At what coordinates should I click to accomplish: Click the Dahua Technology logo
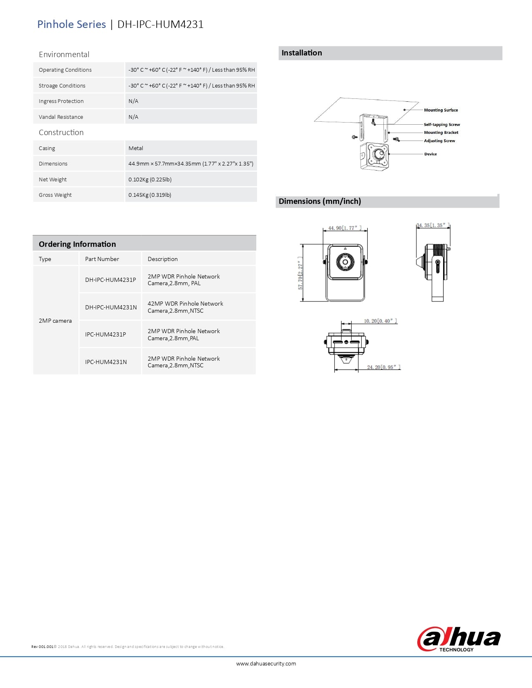point(459,639)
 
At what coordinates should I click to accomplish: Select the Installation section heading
point(302,53)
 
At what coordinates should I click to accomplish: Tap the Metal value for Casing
point(136,148)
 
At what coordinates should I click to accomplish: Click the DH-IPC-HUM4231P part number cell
point(111,280)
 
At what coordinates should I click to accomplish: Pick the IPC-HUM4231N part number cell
point(106,362)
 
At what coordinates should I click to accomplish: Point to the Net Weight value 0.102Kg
point(150,179)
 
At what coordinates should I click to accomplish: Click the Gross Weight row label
point(55,195)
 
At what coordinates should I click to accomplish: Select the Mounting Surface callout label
point(441,110)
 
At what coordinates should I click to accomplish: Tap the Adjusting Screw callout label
point(439,141)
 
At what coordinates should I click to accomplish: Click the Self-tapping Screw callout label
point(441,125)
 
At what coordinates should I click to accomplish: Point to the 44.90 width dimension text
point(345,228)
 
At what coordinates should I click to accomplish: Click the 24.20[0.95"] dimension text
point(383,367)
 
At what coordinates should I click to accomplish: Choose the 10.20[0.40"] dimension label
point(380,321)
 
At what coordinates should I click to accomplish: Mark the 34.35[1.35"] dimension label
point(433,225)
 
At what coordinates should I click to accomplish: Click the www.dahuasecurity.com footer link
point(266,663)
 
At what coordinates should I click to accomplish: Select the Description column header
point(163,259)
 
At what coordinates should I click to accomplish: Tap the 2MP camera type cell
point(55,321)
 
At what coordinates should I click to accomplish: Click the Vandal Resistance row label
point(61,117)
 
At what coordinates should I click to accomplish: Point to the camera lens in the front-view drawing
point(345,262)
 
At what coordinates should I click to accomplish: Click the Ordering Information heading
point(77,244)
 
